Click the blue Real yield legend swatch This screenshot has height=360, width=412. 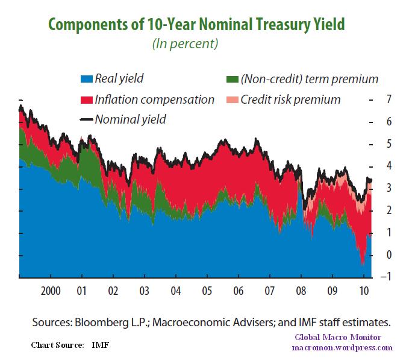[86, 78]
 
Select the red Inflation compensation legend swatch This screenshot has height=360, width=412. [86, 99]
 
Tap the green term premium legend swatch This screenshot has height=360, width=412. [231, 78]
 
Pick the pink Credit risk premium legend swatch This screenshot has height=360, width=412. [231, 99]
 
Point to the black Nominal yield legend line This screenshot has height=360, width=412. [86, 119]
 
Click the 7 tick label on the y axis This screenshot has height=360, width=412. [388, 98]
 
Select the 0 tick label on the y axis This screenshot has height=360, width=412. [388, 255]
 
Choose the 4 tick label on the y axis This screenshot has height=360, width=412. [388, 166]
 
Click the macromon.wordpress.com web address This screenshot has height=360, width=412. [342, 348]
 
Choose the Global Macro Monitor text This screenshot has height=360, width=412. [342, 338]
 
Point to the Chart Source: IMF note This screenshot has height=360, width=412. [70, 345]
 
